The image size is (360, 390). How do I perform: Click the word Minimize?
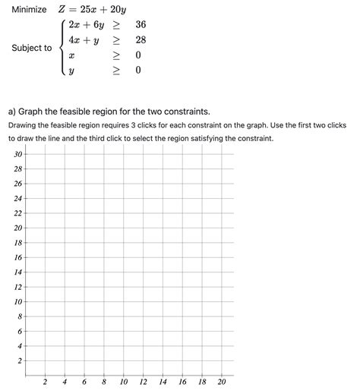coord(28,10)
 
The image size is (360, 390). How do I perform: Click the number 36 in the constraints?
coord(141,25)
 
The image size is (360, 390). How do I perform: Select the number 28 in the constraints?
coord(141,39)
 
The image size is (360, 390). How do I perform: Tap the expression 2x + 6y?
coord(86,25)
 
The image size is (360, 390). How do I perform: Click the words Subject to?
coord(32,48)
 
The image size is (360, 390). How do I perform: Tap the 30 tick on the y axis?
coord(17,154)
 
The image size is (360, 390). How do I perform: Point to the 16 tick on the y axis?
coord(17,257)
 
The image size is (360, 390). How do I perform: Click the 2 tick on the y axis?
coord(20,360)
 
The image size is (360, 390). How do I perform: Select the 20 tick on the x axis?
coord(221,382)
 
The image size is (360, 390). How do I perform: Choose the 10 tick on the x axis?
coord(123,382)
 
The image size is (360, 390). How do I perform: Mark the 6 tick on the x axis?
coord(84,382)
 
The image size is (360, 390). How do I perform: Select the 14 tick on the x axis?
coord(163,382)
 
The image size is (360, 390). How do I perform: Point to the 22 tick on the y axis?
coord(17,213)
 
